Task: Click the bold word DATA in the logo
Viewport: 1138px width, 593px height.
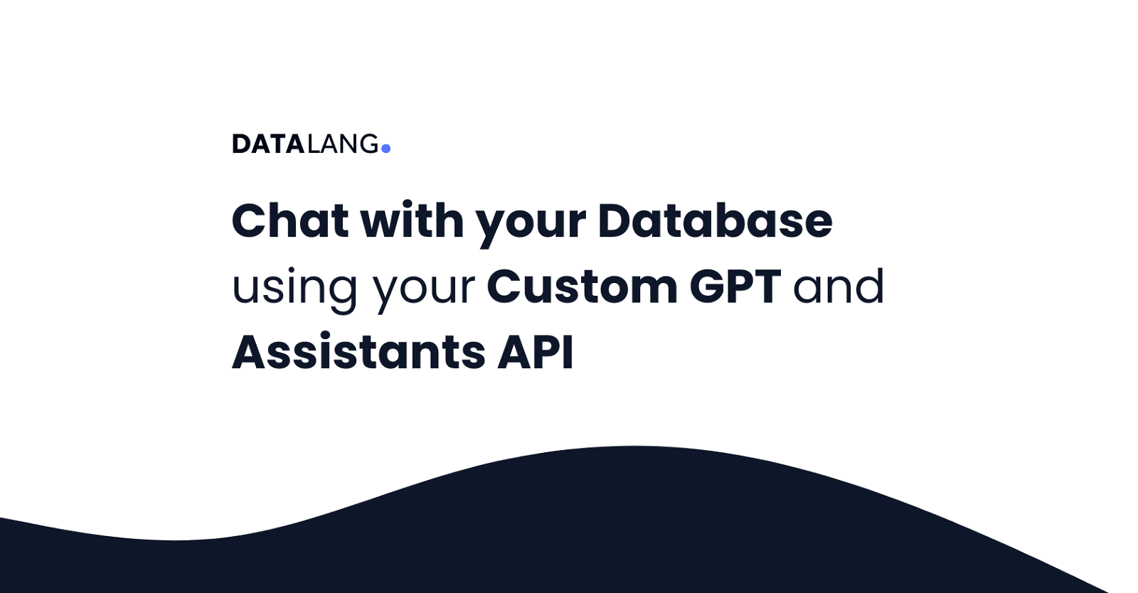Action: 268,144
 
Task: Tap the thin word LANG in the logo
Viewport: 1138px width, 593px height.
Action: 343,144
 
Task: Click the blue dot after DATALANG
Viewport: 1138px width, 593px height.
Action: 385,149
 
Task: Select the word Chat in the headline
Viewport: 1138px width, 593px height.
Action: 289,220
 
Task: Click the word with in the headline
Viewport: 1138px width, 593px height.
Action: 413,220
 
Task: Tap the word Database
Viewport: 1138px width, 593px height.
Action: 715,220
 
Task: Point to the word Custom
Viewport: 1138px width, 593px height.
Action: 582,287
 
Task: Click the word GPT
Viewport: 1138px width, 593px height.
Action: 735,287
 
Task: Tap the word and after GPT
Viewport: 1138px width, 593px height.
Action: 839,287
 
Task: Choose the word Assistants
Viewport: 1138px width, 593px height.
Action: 358,352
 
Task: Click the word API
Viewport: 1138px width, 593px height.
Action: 535,352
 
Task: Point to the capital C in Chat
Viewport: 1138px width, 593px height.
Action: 250,220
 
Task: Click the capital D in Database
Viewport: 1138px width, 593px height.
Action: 616,220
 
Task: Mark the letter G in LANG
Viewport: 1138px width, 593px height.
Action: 368,144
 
